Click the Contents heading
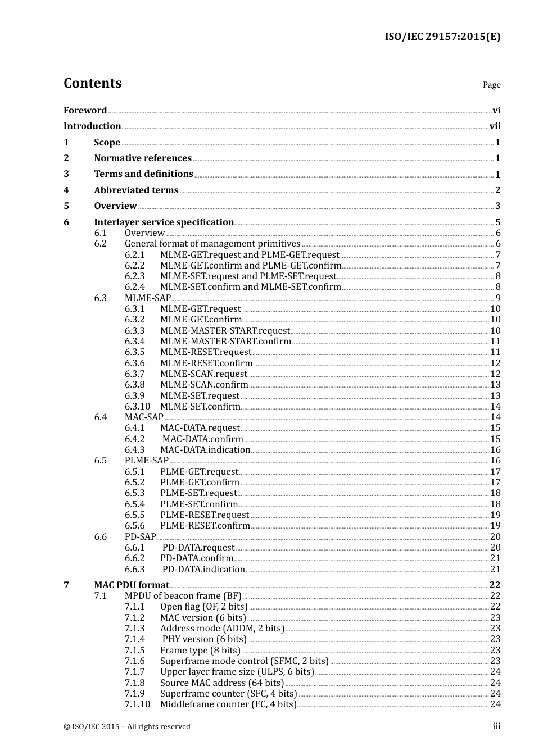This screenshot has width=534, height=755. tap(92, 83)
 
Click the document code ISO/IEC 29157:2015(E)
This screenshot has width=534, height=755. tap(442, 37)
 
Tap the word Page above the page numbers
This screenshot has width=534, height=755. tap(491, 85)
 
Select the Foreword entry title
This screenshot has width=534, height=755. tap(85, 110)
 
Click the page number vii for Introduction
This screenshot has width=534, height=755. tap(495, 126)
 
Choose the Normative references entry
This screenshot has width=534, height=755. tap(143, 158)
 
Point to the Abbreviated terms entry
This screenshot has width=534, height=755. tap(136, 190)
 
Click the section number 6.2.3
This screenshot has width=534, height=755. tap(134, 276)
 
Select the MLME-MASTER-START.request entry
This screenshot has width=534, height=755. tap(225, 330)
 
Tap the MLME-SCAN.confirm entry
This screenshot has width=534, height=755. tap(204, 385)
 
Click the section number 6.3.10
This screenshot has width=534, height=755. tap(137, 407)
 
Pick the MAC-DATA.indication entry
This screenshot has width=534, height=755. tap(205, 450)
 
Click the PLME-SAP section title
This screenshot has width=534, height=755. tap(146, 461)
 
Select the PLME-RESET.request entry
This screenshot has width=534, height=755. tap(205, 515)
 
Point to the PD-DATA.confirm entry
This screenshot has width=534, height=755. tap(197, 558)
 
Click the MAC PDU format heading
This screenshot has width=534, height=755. tap(132, 585)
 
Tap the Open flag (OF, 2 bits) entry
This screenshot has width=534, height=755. tap(203, 607)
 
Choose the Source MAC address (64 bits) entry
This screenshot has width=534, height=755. tap(222, 683)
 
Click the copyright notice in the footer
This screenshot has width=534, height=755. tap(127, 727)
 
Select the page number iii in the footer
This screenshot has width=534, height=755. tap(496, 726)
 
